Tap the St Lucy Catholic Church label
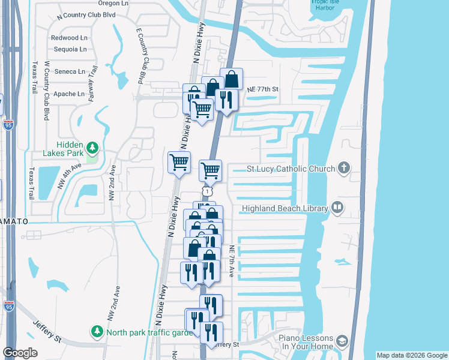click(291, 169)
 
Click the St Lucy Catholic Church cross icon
click(344, 168)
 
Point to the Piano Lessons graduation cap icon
click(342, 341)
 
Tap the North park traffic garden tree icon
click(96, 331)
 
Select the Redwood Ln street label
click(70, 38)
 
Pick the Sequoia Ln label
click(70, 49)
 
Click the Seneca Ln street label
click(70, 71)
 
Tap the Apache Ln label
click(70, 94)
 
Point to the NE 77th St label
click(263, 89)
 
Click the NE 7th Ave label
click(232, 261)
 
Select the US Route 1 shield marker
click(206, 190)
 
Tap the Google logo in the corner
click(20, 352)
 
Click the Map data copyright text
click(411, 355)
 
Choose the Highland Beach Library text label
click(285, 209)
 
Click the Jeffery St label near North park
click(47, 331)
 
